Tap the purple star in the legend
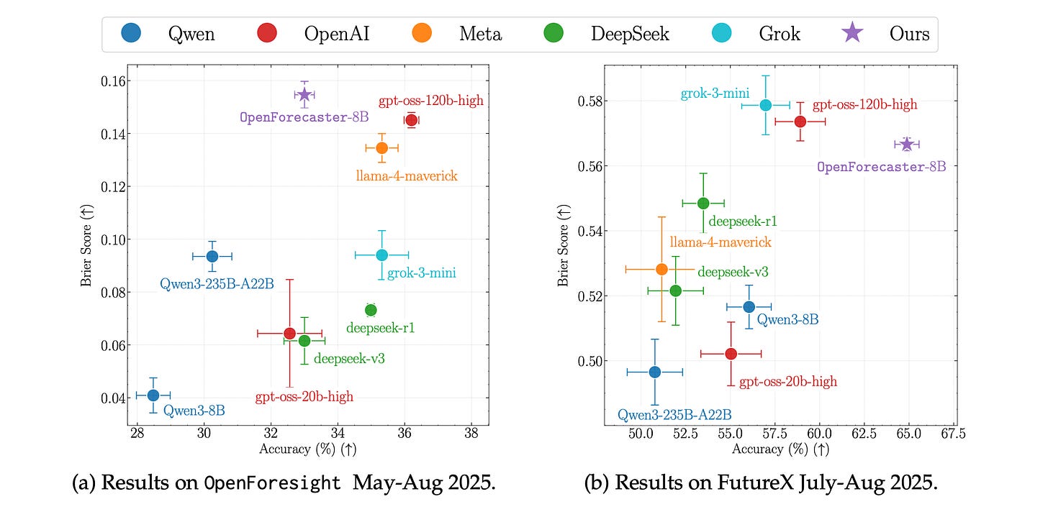click(x=852, y=33)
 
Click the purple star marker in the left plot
click(x=304, y=94)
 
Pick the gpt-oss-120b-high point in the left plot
click(x=411, y=120)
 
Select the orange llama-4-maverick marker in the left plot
click(x=382, y=147)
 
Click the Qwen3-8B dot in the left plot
click(x=153, y=395)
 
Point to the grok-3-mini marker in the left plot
click(x=381, y=255)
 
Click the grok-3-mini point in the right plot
click(x=765, y=105)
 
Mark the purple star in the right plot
click(x=906, y=145)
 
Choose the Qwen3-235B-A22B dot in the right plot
click(x=654, y=372)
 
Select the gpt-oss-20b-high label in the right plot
click(x=788, y=381)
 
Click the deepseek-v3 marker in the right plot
click(x=675, y=291)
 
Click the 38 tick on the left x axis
click(x=471, y=434)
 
